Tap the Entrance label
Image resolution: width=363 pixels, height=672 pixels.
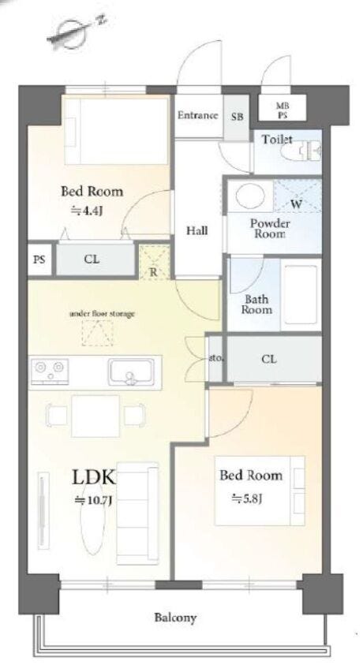tap(197, 115)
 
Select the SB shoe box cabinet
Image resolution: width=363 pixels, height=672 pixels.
tap(237, 118)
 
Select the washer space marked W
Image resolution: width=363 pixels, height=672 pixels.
tap(297, 196)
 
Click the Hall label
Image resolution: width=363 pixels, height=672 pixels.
tap(197, 230)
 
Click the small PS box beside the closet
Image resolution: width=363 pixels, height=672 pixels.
tap(39, 259)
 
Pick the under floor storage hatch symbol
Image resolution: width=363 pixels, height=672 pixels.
tap(97, 333)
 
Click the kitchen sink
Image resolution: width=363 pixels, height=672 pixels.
tap(130, 372)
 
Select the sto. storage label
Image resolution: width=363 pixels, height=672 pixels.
tap(216, 358)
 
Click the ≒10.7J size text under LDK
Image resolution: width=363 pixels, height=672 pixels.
tap(94, 500)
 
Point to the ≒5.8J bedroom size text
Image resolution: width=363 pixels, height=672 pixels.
tap(247, 498)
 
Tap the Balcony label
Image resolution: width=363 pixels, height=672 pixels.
tap(175, 618)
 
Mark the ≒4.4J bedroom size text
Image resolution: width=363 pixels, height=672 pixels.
tap(87, 211)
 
